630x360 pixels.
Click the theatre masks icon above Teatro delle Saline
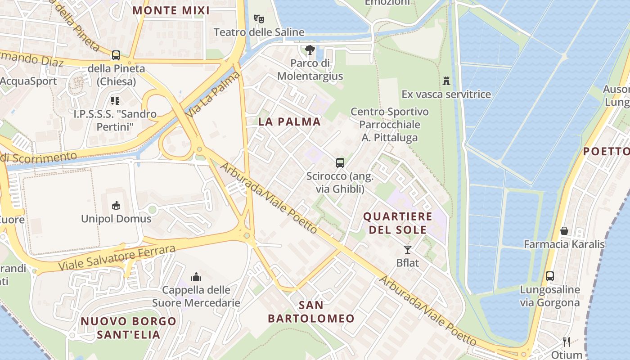(259, 19)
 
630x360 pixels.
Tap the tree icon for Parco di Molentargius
(310, 50)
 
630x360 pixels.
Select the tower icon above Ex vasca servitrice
(446, 81)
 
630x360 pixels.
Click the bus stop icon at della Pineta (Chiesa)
(116, 55)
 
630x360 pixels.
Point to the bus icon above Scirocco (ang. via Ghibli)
(340, 163)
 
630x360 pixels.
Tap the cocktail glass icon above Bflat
(408, 250)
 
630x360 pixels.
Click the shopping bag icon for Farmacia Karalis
(564, 231)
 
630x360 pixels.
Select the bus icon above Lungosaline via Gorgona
(549, 276)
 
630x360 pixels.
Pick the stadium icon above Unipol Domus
(116, 206)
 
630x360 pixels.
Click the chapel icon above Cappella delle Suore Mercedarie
(196, 276)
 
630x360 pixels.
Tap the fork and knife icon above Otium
(567, 342)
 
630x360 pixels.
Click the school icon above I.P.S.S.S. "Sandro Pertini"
(115, 100)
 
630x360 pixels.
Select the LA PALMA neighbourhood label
(289, 121)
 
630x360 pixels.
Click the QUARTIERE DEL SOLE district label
(397, 223)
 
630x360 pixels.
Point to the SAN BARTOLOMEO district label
(311, 312)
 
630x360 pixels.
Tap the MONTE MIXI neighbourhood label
(171, 10)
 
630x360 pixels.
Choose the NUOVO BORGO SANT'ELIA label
(128, 328)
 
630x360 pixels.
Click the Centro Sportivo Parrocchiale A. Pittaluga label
(390, 125)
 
